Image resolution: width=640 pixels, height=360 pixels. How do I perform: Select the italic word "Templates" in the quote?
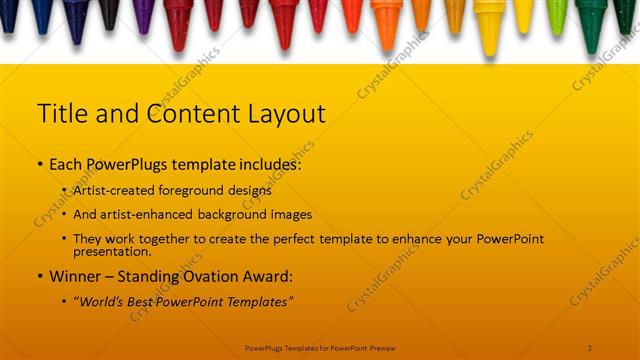(x=259, y=301)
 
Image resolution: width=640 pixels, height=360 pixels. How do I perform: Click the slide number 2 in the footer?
(x=590, y=348)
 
